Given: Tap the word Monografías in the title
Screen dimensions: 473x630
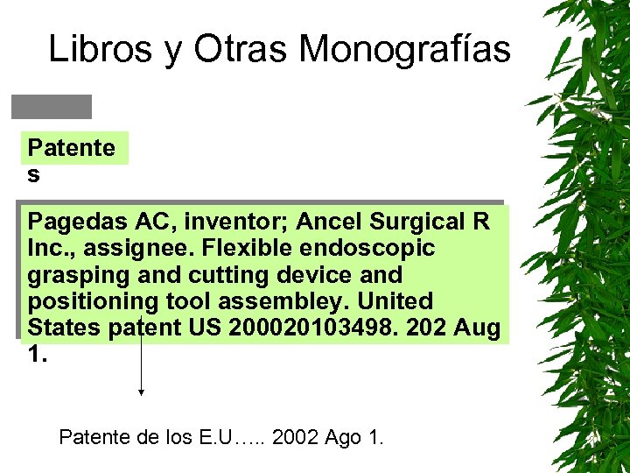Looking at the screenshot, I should [x=404, y=50].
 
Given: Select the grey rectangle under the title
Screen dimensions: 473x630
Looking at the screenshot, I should [x=51, y=106].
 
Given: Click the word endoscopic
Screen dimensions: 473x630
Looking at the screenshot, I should [x=360, y=248].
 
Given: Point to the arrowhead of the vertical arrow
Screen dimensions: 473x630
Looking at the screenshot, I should [x=141, y=393].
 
